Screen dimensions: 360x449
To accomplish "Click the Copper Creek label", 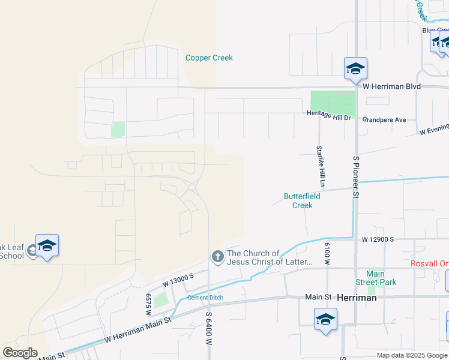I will tap(209, 58).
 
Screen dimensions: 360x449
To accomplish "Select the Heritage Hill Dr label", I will tap(328, 114).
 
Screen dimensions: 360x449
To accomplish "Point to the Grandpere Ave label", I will tap(384, 120).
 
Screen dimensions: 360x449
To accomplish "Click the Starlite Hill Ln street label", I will tap(322, 164).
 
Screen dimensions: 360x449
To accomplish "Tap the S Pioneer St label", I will tap(356, 176).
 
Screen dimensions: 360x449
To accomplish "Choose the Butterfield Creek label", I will tap(302, 200).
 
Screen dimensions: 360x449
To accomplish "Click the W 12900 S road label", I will tap(377, 239).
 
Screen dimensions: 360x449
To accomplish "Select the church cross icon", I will tap(217, 257).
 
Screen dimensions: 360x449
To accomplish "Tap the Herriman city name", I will tap(357, 297).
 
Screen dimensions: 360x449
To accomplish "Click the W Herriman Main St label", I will tap(137, 338).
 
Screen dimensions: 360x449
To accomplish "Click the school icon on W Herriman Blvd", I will tap(355, 70).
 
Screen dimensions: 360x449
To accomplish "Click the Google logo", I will tap(20, 353).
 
